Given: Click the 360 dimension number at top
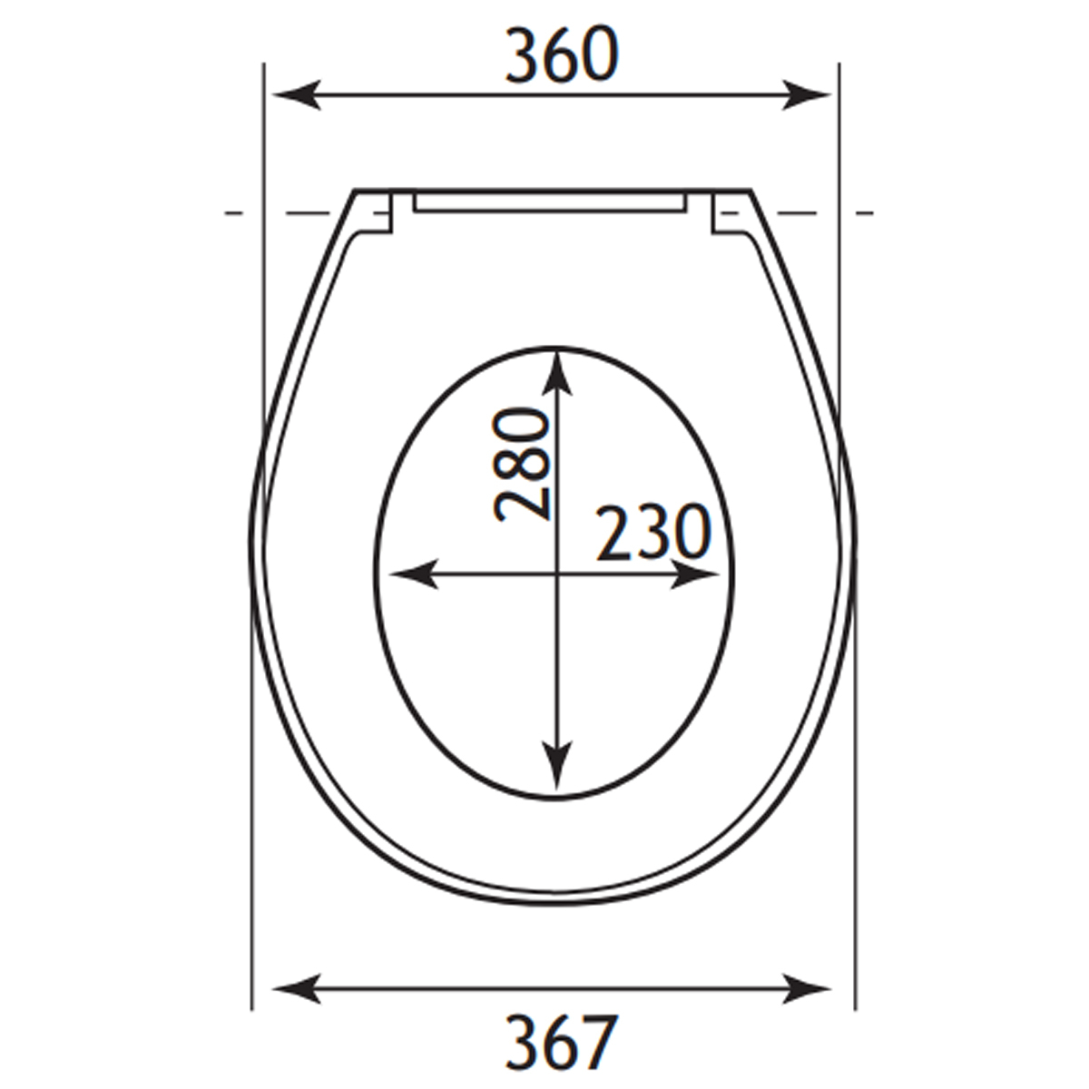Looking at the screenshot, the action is pyautogui.click(x=561, y=55).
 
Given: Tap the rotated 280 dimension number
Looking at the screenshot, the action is pyautogui.click(x=521, y=465).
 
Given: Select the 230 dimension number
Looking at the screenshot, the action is pyautogui.click(x=653, y=533).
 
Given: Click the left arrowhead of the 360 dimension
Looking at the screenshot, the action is pyautogui.click(x=298, y=94).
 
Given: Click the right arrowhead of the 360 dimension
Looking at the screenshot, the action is pyautogui.click(x=807, y=94).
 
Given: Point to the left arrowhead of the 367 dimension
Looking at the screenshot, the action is pyautogui.click(x=298, y=989).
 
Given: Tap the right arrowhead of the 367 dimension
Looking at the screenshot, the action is pyautogui.click(x=807, y=989).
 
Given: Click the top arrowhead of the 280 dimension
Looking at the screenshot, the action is pyautogui.click(x=557, y=374).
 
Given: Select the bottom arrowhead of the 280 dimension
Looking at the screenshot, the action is pyautogui.click(x=557, y=766).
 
